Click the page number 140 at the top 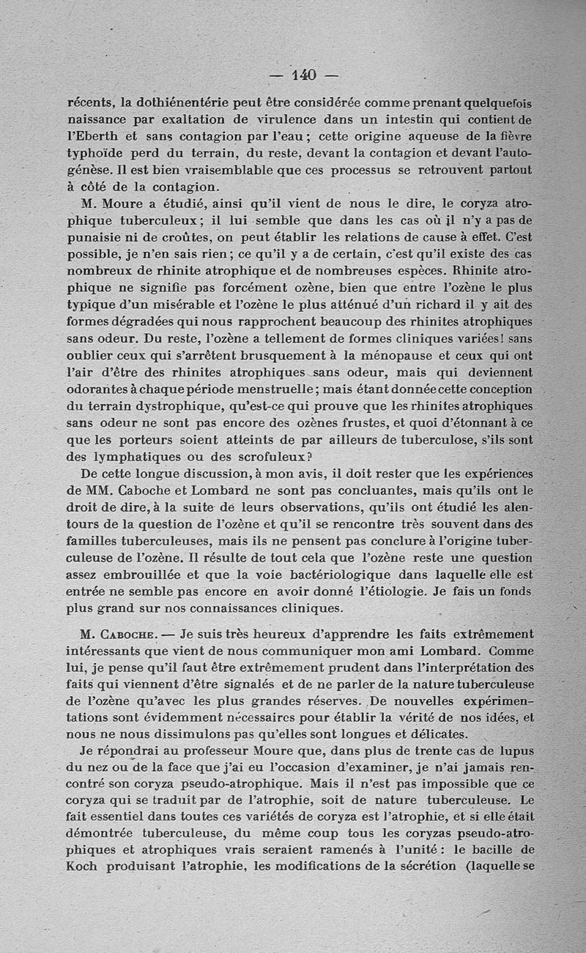tap(302, 75)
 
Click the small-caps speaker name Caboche tap(132, 634)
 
